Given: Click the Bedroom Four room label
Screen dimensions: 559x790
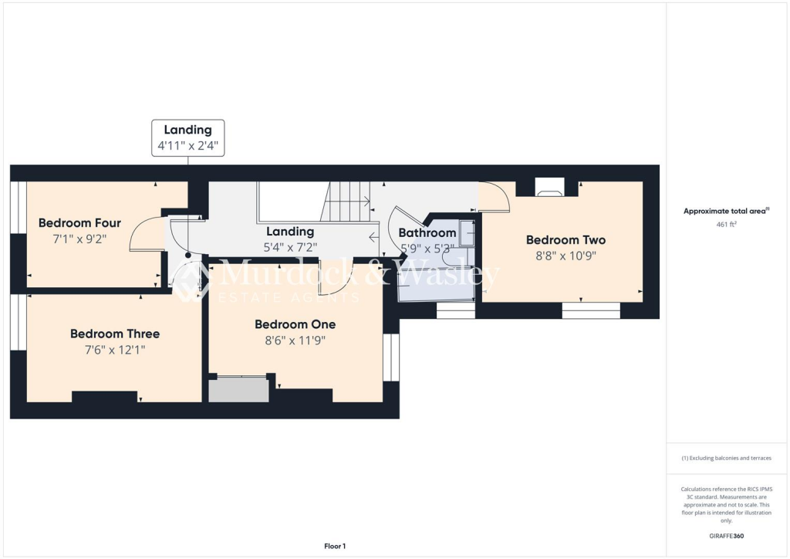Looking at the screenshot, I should pos(79,223).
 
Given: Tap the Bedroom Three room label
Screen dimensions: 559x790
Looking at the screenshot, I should pos(115,334).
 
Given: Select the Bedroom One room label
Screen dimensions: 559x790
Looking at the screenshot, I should pos(295,324).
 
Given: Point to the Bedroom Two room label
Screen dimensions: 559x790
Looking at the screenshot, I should pos(565,239).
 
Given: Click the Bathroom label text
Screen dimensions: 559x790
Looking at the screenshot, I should pos(427,232).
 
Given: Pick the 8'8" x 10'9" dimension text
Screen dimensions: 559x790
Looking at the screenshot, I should pos(565,256).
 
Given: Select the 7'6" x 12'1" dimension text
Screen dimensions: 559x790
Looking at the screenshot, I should pos(115,350).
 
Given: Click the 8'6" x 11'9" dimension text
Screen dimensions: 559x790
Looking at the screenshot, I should pos(295,340).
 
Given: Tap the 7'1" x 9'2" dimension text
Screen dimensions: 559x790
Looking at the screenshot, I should pos(79,239).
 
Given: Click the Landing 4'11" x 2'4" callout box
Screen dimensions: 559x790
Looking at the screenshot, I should pos(187,138).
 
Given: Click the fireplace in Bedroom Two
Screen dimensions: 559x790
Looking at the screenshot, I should pos(549,188).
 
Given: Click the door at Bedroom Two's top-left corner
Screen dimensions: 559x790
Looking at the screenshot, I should pos(495,197).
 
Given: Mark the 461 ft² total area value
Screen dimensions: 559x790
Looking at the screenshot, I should pos(728,225).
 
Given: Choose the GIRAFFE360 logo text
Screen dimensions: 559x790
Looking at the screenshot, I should pos(728,536).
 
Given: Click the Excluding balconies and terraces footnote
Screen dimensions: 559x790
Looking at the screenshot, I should pos(728,458).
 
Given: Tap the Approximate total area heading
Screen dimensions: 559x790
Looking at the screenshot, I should pos(726,211).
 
